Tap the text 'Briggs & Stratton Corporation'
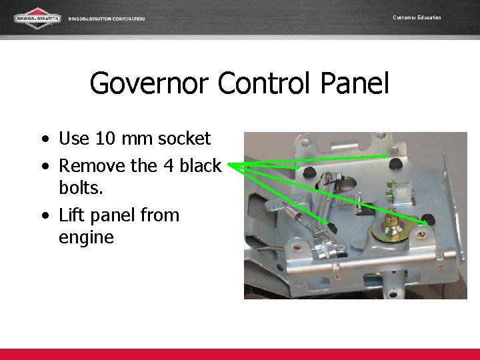[107, 19]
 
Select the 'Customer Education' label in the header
[417, 17]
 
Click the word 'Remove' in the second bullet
[90, 165]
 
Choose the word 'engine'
[87, 237]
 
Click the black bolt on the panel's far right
[429, 219]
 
